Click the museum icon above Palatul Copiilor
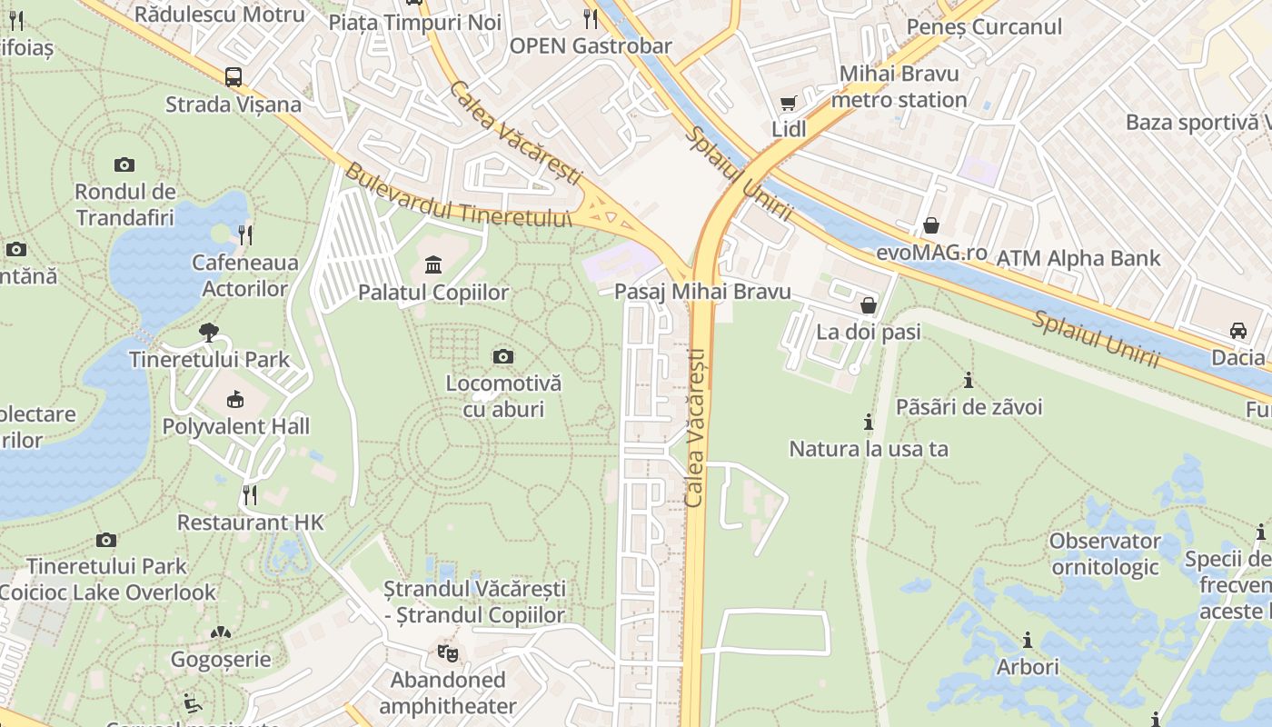[433, 265]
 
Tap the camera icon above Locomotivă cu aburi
[503, 356]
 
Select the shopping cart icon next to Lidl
[789, 104]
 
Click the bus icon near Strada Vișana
[234, 77]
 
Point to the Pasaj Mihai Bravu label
[702, 292]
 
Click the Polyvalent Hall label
[236, 426]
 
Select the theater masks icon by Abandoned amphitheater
[446, 652]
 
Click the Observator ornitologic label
[1105, 554]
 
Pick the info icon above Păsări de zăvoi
[969, 380]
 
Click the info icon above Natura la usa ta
[869, 422]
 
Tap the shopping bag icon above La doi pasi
[869, 305]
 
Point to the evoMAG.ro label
[931, 253]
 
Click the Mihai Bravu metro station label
[899, 86]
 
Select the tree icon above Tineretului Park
[209, 332]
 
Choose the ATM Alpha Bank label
[1078, 258]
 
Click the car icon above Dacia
[1237, 330]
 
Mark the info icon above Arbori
[1028, 640]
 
